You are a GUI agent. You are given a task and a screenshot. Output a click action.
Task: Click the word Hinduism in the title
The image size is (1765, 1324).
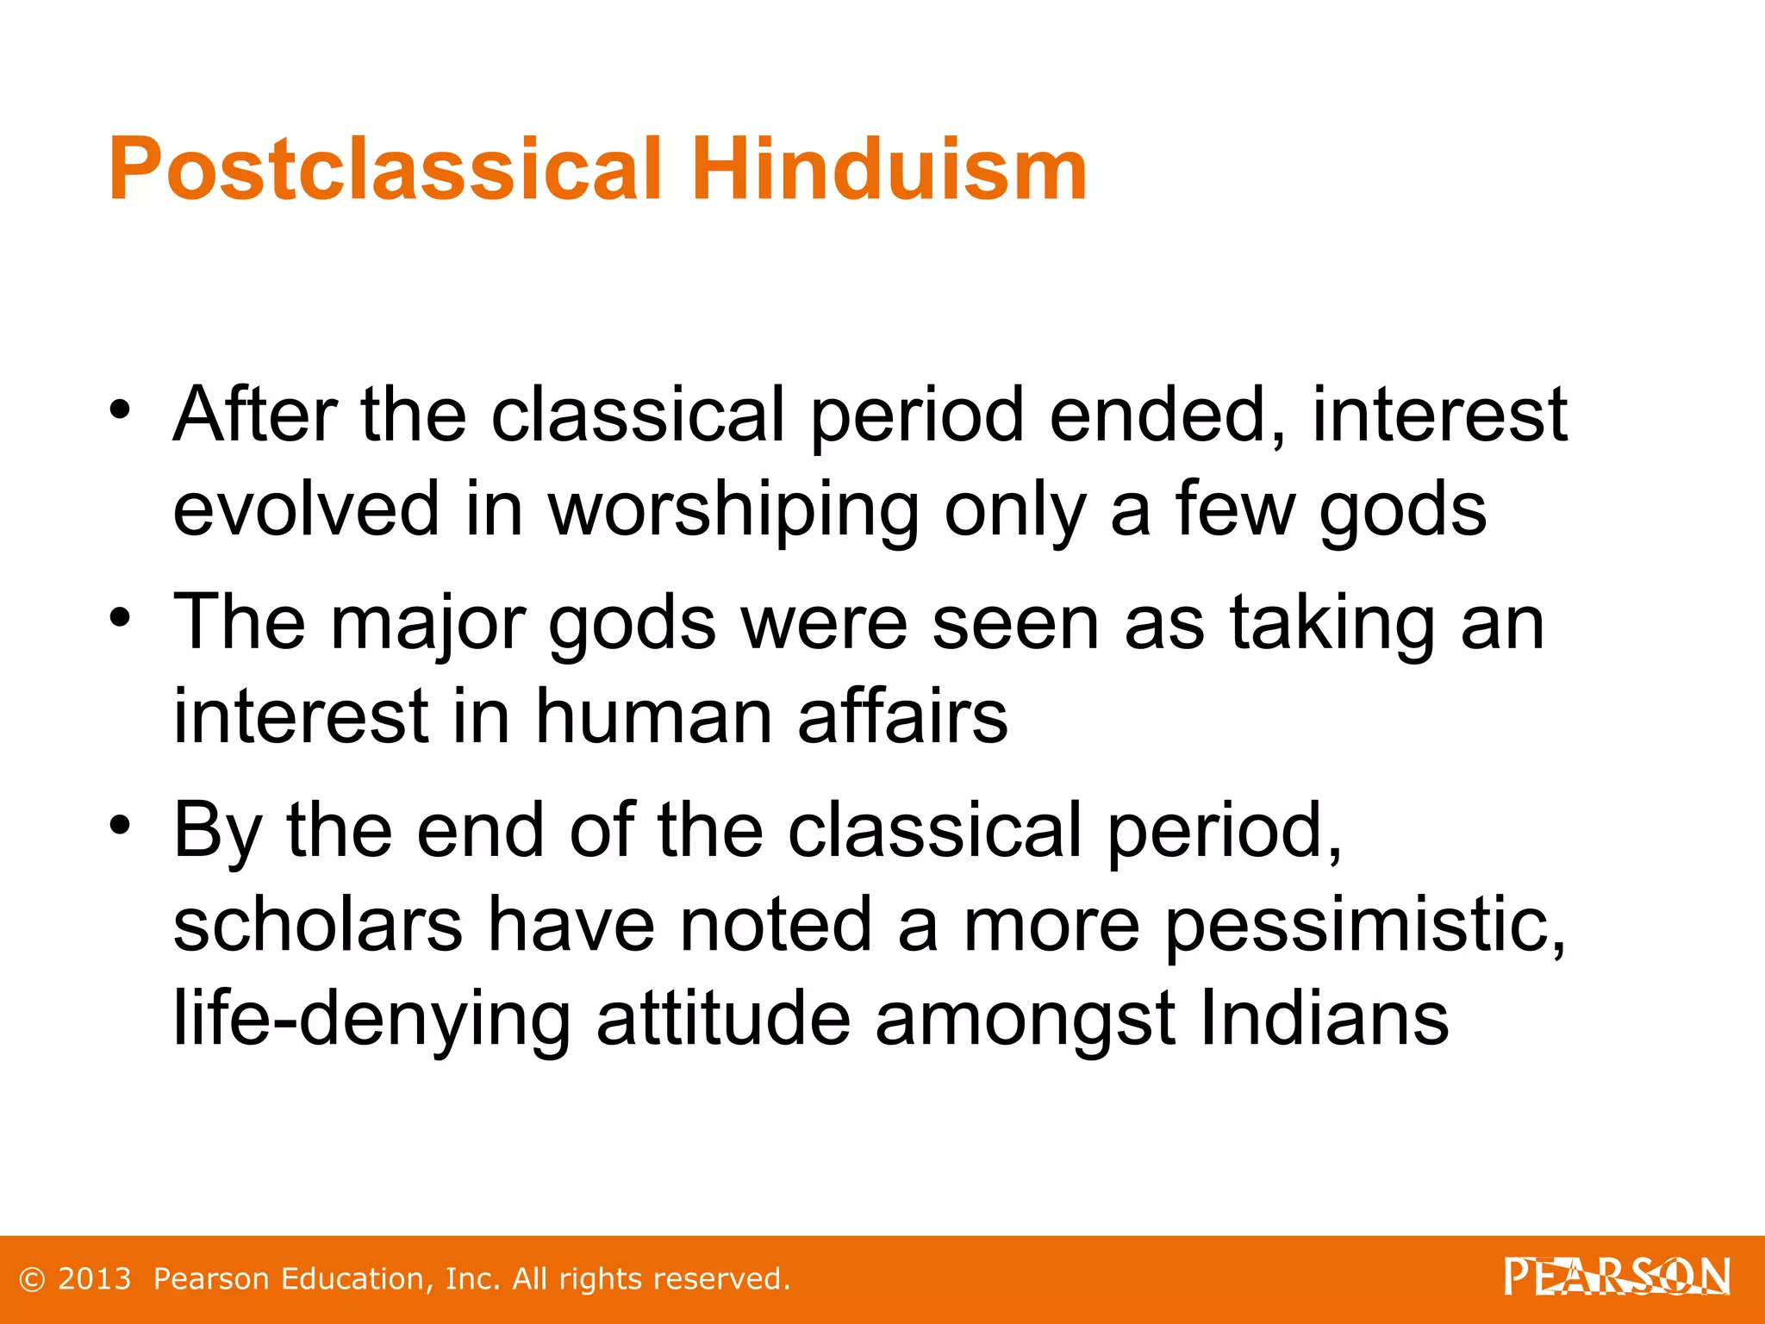point(889,170)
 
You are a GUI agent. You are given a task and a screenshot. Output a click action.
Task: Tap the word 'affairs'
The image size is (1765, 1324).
point(902,716)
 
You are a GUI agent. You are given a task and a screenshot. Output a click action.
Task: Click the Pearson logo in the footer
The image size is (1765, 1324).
point(1616,1277)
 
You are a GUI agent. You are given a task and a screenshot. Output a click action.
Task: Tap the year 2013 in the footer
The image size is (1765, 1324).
point(94,1278)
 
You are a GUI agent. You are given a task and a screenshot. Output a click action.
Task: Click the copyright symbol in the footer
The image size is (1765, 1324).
point(32,1279)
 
